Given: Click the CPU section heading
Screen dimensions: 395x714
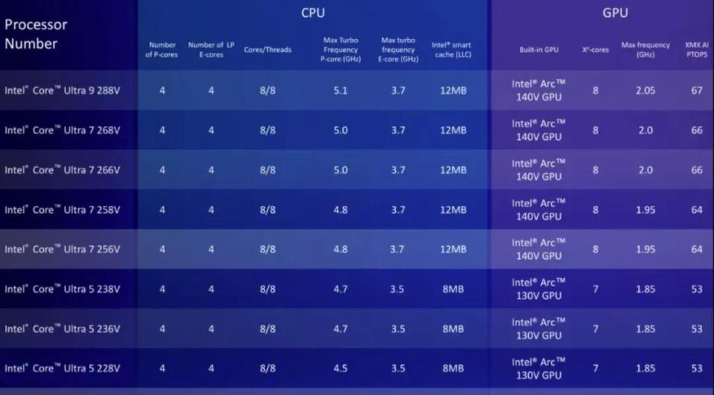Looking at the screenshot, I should (312, 13).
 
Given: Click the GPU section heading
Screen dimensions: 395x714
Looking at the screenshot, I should (614, 13).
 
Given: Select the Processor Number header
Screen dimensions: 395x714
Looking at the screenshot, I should (36, 34).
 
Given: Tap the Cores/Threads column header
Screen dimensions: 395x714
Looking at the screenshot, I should (267, 50).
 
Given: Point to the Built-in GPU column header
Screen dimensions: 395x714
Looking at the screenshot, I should (539, 50).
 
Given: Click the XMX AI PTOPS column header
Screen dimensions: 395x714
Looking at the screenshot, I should (697, 49).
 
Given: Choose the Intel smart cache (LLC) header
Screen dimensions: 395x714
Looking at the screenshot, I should (452, 49).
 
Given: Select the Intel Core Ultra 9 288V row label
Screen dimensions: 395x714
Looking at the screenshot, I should (63, 90).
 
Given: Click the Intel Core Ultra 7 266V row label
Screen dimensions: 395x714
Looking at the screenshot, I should (63, 170).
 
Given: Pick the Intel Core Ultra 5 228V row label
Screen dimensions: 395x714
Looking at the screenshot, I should (63, 369).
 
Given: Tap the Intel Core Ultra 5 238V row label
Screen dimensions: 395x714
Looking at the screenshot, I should (63, 289).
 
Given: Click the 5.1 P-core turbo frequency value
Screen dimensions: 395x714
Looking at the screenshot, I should (340, 90).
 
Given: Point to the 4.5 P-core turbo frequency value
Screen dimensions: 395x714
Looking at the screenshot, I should (340, 369).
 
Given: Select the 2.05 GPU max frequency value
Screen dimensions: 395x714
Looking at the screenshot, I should (645, 90).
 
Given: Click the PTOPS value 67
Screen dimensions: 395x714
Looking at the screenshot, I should (697, 90).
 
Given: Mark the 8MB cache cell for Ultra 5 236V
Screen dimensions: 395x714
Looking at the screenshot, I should (453, 329).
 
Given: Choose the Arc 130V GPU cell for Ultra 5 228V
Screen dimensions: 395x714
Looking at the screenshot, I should (539, 369).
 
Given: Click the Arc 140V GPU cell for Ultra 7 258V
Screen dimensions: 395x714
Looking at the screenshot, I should (539, 209).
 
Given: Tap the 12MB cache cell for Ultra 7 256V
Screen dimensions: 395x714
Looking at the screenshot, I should (453, 250).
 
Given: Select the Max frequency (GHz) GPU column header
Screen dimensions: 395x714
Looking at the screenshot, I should (645, 49).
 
